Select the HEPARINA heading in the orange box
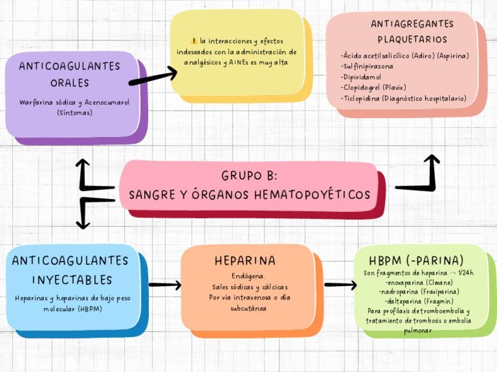[245, 261]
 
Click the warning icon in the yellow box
[194, 41]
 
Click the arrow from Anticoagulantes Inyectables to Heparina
[165, 285]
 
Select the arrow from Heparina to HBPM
[340, 285]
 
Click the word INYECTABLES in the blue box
[72, 280]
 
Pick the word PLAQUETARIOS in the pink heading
[412, 40]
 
